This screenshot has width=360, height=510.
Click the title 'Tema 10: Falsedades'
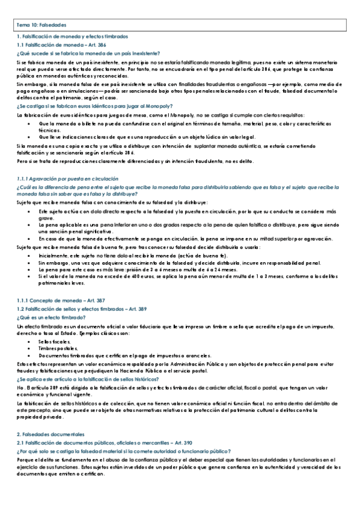(41, 25)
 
